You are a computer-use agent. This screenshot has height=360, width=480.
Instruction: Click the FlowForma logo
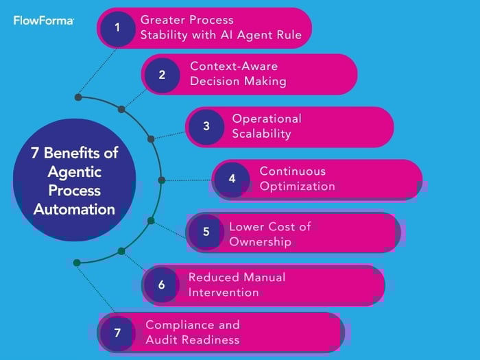[43, 21]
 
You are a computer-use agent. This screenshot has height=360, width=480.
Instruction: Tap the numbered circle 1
[117, 28]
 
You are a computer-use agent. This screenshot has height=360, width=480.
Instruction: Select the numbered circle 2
[162, 75]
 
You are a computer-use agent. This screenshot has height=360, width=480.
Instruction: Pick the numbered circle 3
[206, 126]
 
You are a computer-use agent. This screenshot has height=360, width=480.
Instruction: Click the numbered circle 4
[232, 179]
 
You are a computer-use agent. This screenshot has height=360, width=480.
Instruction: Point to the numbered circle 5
[206, 232]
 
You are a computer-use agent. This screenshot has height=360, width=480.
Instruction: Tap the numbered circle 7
[117, 333]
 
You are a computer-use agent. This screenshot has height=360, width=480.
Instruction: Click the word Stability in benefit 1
[165, 34]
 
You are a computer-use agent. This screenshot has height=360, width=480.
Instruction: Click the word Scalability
[261, 134]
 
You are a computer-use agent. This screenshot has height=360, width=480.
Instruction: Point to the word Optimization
[297, 187]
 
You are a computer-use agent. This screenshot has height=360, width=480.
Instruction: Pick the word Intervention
[224, 293]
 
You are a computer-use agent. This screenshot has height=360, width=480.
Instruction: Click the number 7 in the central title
[35, 153]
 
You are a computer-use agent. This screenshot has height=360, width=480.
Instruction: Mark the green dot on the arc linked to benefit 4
[162, 180]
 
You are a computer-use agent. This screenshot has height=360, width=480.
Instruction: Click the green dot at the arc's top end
[78, 97]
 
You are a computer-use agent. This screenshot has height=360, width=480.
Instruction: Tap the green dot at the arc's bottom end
[77, 262]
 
